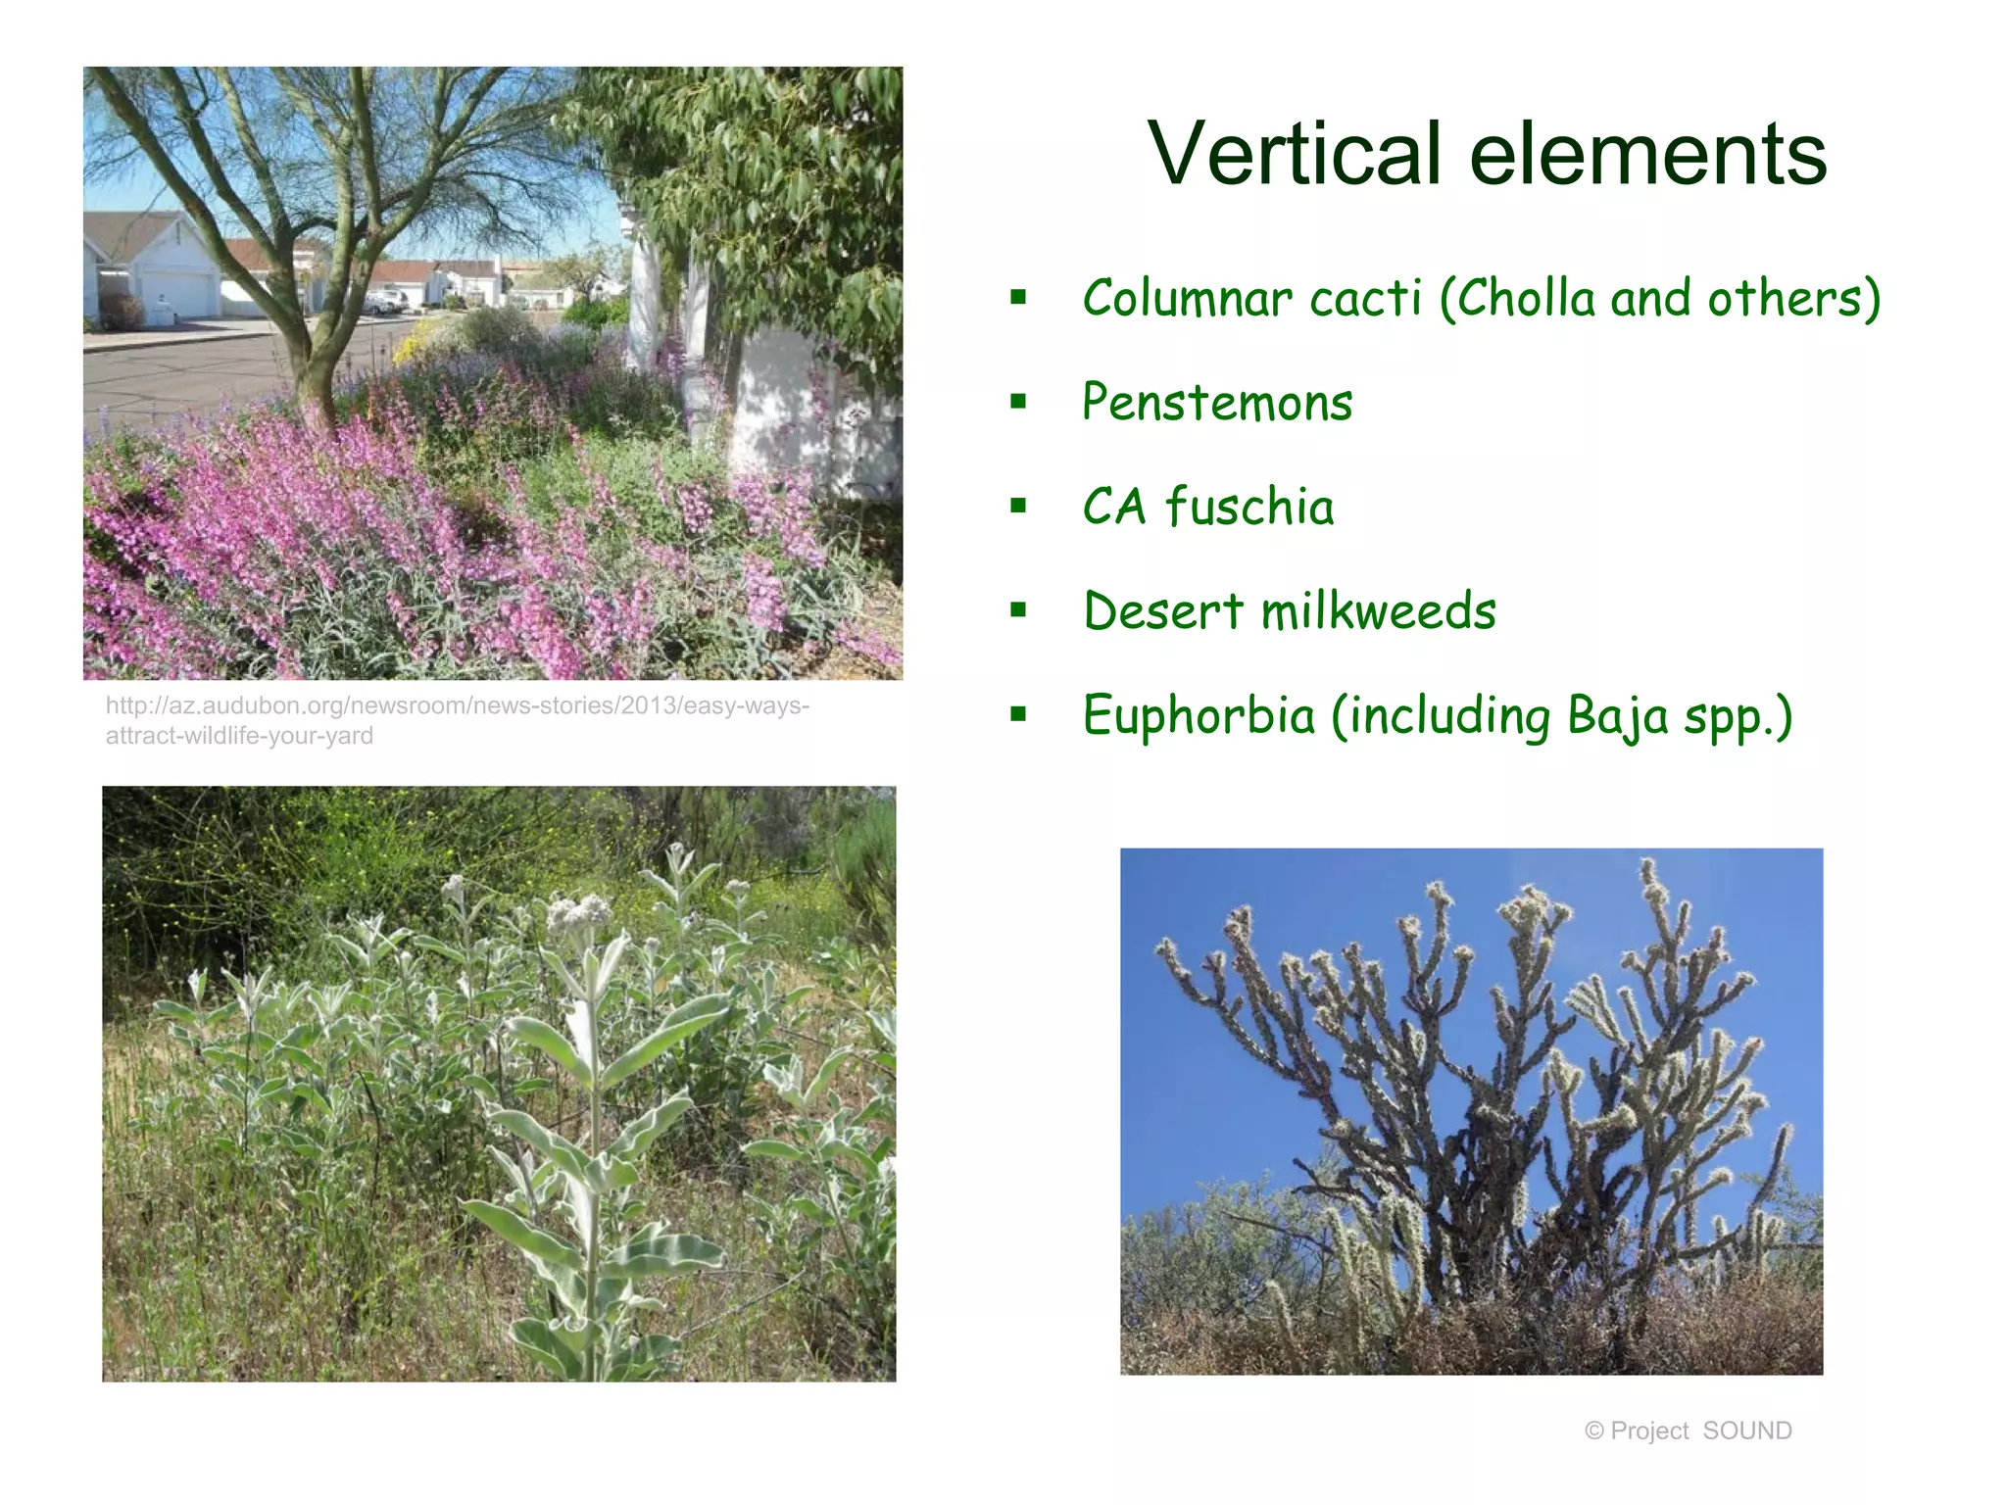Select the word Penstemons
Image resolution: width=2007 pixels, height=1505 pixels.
1217,403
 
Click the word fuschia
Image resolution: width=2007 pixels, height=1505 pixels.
1249,507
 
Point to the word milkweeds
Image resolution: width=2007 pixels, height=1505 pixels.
1378,611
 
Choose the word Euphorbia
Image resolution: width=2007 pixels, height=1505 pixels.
1198,715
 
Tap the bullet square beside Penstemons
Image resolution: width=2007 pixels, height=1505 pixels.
1018,402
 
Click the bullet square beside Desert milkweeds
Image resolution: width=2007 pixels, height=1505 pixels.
1018,610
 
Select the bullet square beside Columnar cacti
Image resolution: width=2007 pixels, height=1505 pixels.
1018,297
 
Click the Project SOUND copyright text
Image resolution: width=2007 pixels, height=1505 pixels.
1688,1431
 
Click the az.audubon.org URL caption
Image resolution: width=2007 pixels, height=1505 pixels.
457,720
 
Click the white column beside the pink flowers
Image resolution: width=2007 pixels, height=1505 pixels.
644,294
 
